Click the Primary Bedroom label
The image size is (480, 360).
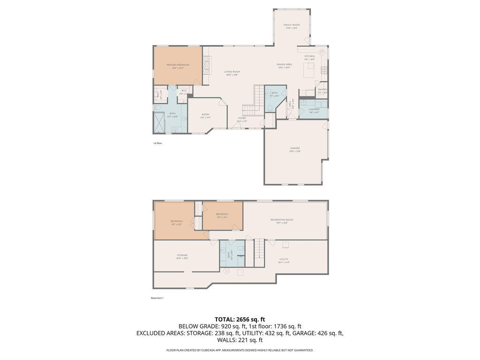(178, 65)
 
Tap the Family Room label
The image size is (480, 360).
(292, 25)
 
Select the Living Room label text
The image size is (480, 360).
(232, 72)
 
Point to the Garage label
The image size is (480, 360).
(295, 148)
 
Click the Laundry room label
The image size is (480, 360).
(314, 109)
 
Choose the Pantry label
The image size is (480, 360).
(322, 90)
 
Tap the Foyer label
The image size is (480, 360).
(242, 118)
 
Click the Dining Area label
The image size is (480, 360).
(284, 64)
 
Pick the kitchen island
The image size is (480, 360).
(309, 71)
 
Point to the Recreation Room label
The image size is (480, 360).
(282, 220)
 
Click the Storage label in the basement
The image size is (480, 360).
(182, 255)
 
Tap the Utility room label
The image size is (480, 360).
(284, 259)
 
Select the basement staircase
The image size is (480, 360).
(260, 253)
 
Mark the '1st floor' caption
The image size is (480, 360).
(157, 143)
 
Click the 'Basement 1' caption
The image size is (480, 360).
(157, 298)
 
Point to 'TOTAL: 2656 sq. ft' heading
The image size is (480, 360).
(240, 319)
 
